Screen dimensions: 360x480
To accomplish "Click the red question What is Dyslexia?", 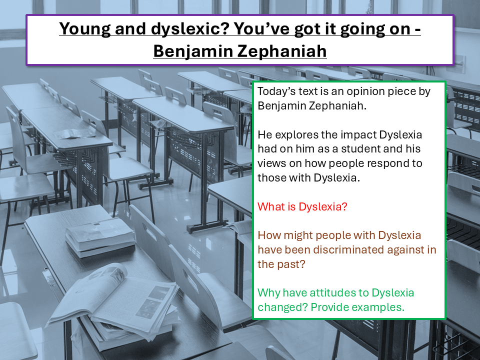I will pyautogui.click(x=302, y=206).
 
